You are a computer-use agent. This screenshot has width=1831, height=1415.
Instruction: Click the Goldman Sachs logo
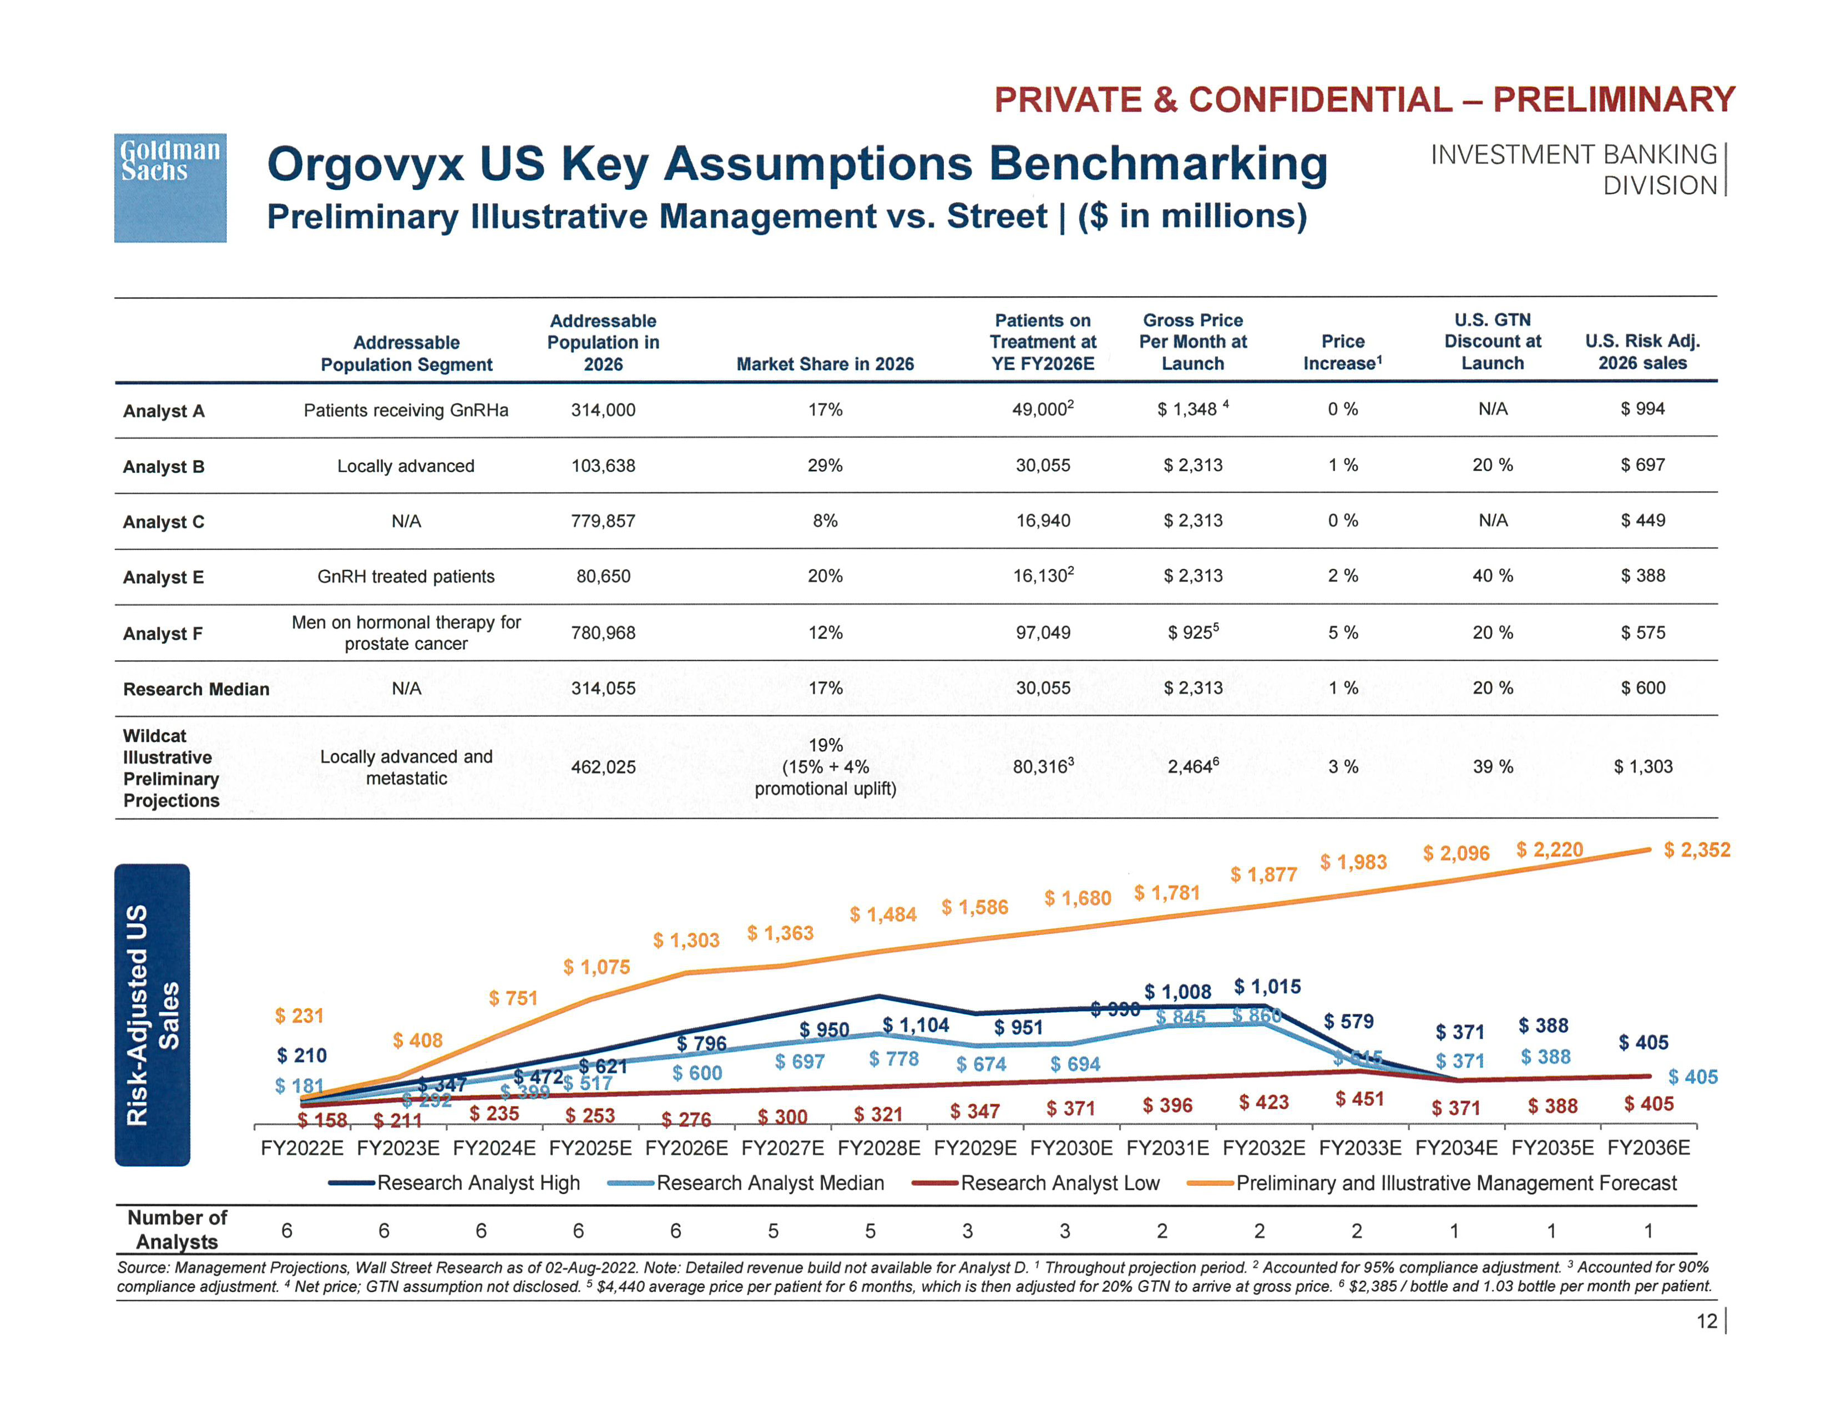click(x=170, y=188)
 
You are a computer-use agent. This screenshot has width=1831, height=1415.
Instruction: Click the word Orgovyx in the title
click(x=365, y=164)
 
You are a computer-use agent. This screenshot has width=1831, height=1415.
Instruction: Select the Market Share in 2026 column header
click(x=825, y=364)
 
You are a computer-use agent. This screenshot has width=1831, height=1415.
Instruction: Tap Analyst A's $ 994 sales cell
click(x=1642, y=409)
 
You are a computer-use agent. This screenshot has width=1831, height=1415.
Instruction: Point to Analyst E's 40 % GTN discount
click(x=1493, y=576)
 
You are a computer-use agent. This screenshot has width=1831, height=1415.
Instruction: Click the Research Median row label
click(x=196, y=689)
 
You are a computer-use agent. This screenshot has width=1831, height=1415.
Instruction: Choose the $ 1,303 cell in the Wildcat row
click(x=1642, y=766)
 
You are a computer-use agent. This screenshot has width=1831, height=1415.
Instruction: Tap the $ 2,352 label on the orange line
click(x=1696, y=850)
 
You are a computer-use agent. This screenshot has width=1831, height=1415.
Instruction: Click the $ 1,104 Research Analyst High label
click(x=915, y=1025)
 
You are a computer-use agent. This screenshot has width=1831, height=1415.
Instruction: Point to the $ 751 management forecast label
click(x=513, y=998)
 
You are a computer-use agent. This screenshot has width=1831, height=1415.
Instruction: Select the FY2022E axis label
click(x=302, y=1148)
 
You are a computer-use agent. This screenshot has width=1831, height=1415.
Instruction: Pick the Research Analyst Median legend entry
click(x=770, y=1183)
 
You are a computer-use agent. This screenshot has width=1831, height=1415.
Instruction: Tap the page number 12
click(x=1706, y=1321)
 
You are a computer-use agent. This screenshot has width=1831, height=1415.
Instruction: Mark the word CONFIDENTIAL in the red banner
click(x=1321, y=100)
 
